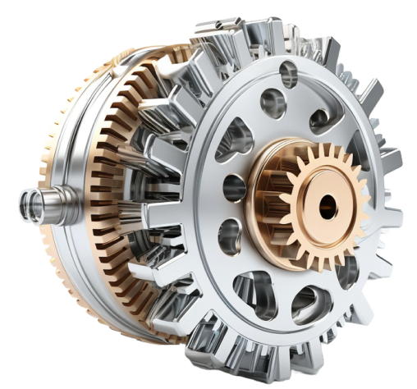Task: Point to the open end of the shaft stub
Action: [x=22, y=199]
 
